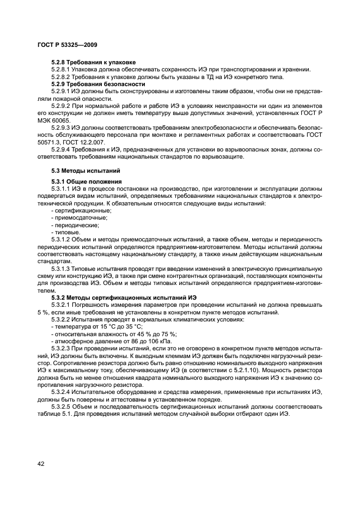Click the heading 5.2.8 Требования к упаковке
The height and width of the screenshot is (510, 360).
click(x=93, y=62)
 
